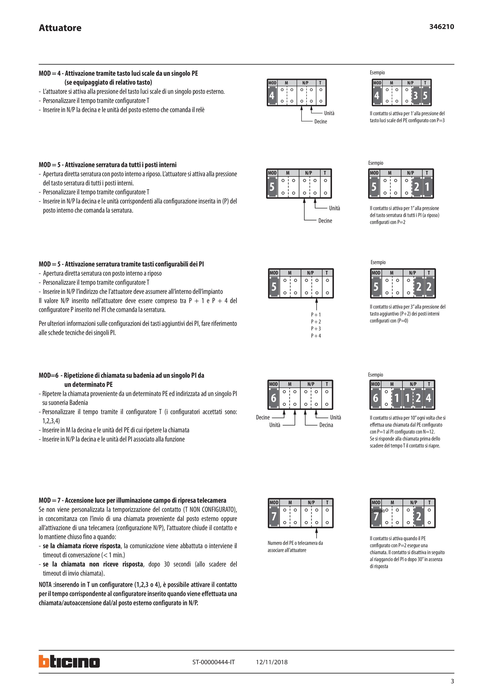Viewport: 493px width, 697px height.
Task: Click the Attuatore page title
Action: click(60, 28)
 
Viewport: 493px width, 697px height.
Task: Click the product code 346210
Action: click(441, 27)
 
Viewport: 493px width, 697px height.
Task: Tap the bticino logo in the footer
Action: click(69, 662)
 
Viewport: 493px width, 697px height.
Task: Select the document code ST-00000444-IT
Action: click(213, 662)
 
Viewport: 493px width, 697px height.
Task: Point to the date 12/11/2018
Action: click(272, 662)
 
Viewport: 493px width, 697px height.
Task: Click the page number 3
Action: click(452, 681)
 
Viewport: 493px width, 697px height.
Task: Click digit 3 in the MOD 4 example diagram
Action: click(415, 96)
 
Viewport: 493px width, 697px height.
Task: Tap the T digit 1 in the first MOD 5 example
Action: click(427, 187)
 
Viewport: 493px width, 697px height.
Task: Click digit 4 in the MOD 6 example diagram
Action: click(428, 398)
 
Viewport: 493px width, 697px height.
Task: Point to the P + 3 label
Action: click(316, 328)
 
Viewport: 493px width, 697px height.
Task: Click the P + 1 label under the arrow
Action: click(316, 315)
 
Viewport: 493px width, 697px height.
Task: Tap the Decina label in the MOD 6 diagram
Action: click(326, 425)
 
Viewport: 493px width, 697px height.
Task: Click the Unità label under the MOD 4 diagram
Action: click(329, 113)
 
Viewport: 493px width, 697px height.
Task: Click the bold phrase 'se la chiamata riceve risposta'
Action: click(82, 546)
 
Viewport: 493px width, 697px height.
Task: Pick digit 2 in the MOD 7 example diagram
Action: click(419, 516)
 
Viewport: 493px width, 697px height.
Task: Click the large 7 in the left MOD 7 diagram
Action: click(274, 516)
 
